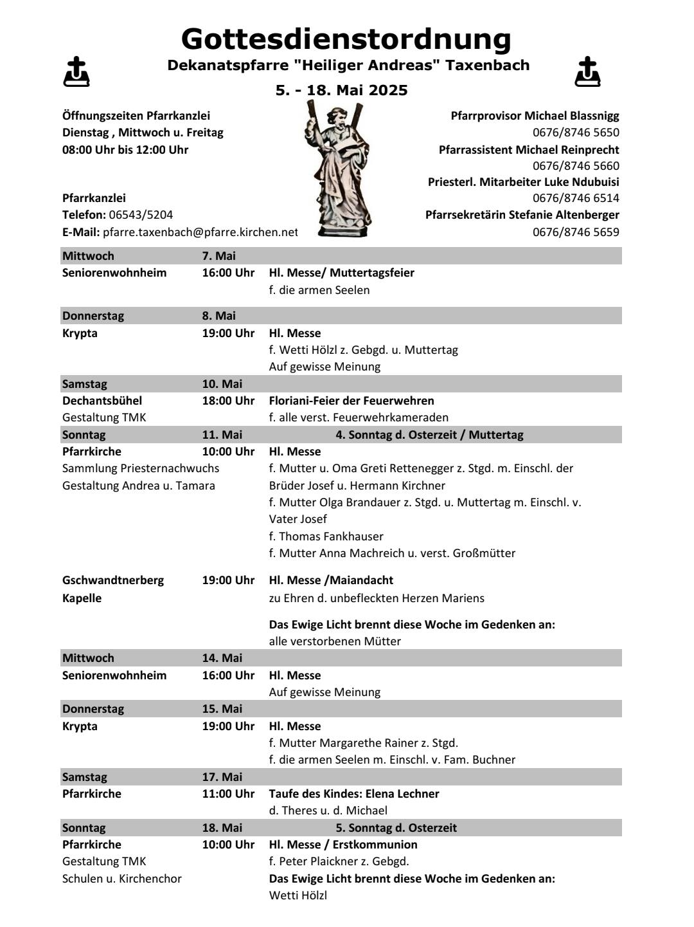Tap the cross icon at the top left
click(76, 71)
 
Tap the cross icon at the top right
click(587, 71)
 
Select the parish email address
click(200, 232)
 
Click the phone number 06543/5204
click(141, 215)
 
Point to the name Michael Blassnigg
click(571, 116)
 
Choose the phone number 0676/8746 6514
click(576, 198)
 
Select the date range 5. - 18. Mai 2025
click(341, 90)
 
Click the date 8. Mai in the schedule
click(218, 316)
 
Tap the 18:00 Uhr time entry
click(228, 401)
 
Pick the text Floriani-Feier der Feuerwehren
click(351, 401)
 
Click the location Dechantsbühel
click(102, 401)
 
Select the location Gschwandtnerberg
click(112, 580)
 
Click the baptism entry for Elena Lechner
click(353, 794)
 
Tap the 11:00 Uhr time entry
click(228, 794)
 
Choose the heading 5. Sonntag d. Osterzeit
click(396, 828)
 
